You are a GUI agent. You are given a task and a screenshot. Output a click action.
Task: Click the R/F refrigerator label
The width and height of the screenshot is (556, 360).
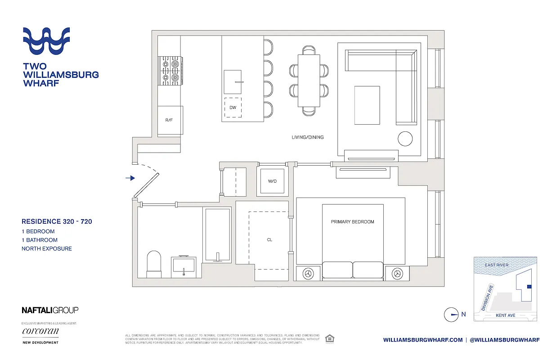(x=169, y=120)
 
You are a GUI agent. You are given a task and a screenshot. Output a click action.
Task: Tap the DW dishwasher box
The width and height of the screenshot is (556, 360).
(x=233, y=108)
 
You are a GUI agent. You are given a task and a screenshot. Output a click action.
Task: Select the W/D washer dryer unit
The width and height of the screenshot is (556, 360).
(x=272, y=181)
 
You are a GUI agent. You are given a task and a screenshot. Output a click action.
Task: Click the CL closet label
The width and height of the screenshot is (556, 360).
(x=269, y=240)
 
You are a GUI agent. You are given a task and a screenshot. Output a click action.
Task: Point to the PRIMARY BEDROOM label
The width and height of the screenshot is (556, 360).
(x=352, y=222)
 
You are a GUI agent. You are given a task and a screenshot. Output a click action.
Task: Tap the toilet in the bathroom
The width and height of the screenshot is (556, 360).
(x=154, y=264)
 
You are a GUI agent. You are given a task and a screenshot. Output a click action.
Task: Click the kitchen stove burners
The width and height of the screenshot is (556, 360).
(x=170, y=71)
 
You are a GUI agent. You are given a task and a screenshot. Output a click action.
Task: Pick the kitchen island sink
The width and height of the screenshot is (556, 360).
(x=233, y=81)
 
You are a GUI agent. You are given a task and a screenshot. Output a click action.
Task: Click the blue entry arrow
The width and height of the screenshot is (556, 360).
(x=130, y=178)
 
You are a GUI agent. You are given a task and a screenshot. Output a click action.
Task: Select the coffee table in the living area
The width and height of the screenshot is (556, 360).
(x=367, y=105)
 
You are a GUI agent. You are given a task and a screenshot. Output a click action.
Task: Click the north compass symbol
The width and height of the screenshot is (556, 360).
(x=451, y=315)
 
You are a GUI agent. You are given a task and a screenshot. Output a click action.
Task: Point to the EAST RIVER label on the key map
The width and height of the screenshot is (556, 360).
(x=497, y=265)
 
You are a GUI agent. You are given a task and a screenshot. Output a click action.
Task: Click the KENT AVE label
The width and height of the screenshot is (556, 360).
(x=505, y=315)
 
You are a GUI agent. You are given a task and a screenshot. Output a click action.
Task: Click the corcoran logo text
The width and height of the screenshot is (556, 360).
(x=40, y=331)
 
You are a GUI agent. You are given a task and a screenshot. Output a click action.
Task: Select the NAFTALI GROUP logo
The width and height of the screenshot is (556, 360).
(x=50, y=310)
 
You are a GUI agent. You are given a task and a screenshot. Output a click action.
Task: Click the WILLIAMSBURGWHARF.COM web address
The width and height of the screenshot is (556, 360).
(x=423, y=340)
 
